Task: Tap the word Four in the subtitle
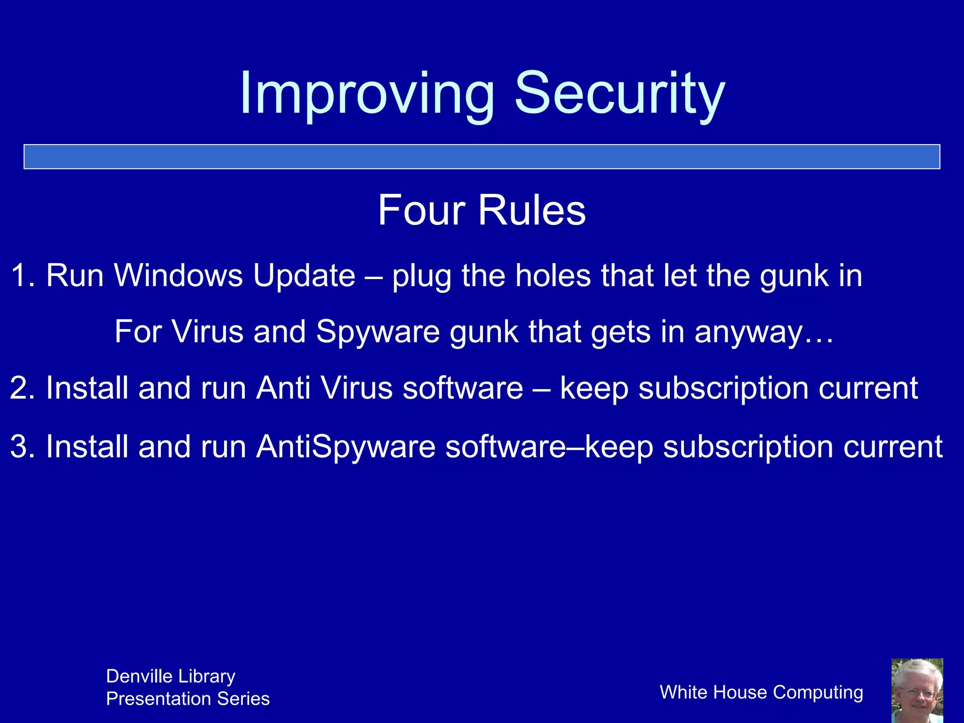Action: (421, 210)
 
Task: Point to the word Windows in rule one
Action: (178, 275)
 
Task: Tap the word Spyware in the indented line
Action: (378, 332)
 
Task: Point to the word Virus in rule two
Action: (356, 388)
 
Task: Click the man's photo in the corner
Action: (917, 691)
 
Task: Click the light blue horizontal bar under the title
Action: (482, 157)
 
